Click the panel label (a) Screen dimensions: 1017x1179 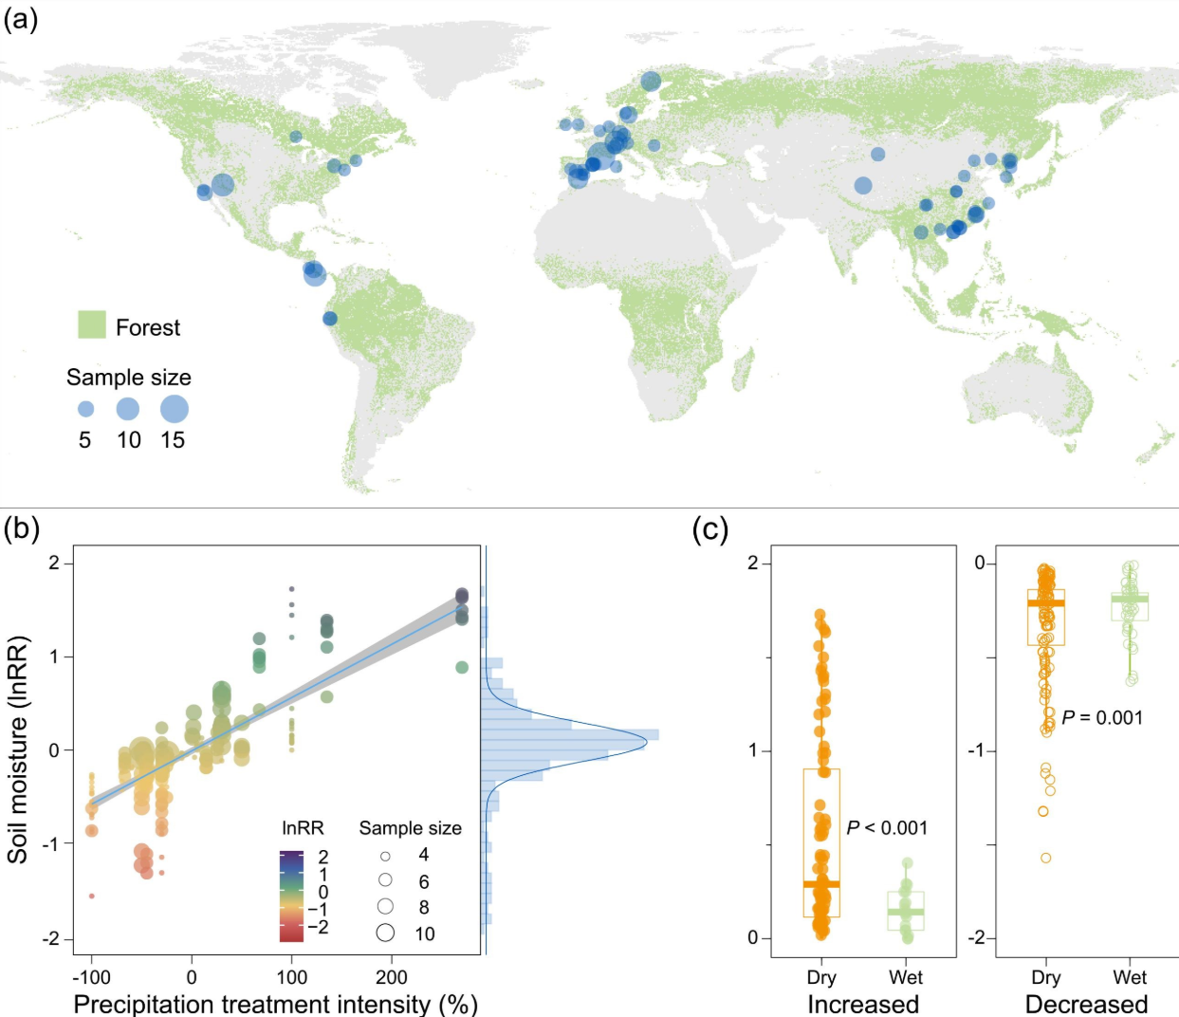pyautogui.click(x=20, y=18)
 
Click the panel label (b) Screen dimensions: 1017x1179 pyautogui.click(x=22, y=528)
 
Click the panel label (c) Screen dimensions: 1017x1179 pyautogui.click(x=710, y=528)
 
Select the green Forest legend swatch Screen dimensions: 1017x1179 pyautogui.click(x=91, y=324)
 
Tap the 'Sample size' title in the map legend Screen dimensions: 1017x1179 pyautogui.click(x=129, y=378)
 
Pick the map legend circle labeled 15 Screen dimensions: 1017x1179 pyautogui.click(x=174, y=409)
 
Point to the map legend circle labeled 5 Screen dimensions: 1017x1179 pyautogui.click(x=85, y=410)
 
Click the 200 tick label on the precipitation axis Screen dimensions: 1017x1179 pyautogui.click(x=392, y=977)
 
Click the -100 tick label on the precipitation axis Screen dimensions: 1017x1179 pyautogui.click(x=91, y=977)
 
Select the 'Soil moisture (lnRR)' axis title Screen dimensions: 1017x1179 pyautogui.click(x=18, y=749)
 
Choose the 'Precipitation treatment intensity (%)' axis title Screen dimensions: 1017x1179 pyautogui.click(x=275, y=1004)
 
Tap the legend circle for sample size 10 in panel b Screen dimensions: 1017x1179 pyautogui.click(x=385, y=933)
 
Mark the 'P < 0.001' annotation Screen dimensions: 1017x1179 pyautogui.click(x=887, y=828)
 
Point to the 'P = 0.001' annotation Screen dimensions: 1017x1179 pyautogui.click(x=1102, y=718)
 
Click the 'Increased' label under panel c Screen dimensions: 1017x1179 pyautogui.click(x=863, y=1004)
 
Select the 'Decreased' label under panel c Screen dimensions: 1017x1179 pyautogui.click(x=1086, y=1004)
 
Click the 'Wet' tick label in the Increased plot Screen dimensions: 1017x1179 pyautogui.click(x=906, y=977)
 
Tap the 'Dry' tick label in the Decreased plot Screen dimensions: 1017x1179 pyautogui.click(x=1045, y=977)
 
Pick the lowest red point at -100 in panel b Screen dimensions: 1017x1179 pyautogui.click(x=92, y=896)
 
